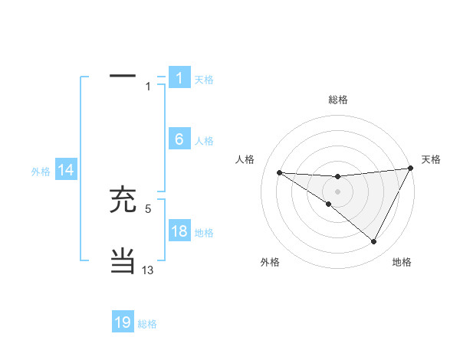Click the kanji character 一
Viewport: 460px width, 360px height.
(123, 77)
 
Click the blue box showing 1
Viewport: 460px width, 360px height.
(179, 77)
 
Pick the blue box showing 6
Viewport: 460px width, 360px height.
(179, 139)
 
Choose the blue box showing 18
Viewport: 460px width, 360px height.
(179, 231)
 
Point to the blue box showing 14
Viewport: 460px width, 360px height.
(66, 171)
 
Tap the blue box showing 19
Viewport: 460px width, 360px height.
(123, 322)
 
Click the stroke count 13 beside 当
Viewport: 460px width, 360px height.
(148, 270)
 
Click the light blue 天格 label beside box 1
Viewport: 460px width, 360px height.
(204, 79)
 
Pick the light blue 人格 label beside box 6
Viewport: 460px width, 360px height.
(204, 141)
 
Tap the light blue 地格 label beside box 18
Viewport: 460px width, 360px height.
(204, 233)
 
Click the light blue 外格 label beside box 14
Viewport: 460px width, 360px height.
(41, 172)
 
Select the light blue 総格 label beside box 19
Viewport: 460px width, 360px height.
(147, 324)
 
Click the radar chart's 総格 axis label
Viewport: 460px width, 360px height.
(337, 100)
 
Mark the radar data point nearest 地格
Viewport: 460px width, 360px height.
(374, 242)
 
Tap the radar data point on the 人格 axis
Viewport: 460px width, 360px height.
(279, 172)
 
